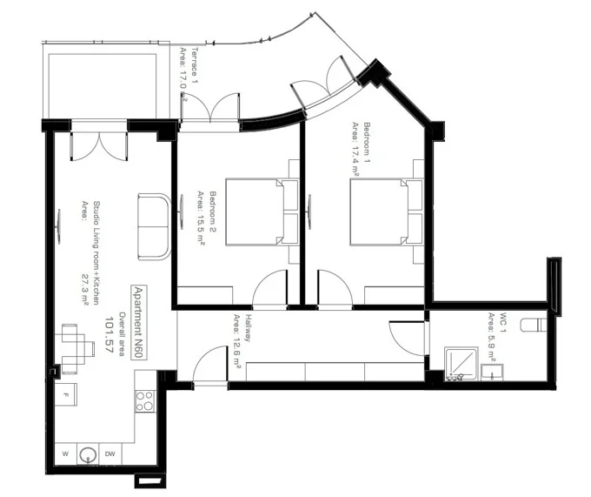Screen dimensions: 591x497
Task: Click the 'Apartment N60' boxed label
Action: pyautogui.click(x=139, y=323)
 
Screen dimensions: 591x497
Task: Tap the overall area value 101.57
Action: pyautogui.click(x=109, y=335)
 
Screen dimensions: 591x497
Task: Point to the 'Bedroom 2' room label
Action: pyautogui.click(x=213, y=212)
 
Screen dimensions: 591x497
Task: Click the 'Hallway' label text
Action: pyautogui.click(x=248, y=327)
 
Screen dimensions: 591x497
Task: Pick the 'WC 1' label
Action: pyautogui.click(x=503, y=322)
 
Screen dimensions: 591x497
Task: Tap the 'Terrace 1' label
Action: pyautogui.click(x=195, y=65)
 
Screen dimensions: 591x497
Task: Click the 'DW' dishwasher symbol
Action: pyautogui.click(x=110, y=453)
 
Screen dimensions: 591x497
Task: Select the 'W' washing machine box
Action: pyautogui.click(x=65, y=453)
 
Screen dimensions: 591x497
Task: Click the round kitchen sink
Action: pyautogui.click(x=88, y=454)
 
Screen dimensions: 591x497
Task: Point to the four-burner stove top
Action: pyautogui.click(x=145, y=400)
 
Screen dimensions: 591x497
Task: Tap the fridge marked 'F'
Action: pyautogui.click(x=66, y=395)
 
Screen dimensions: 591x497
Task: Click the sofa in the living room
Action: pyautogui.click(x=155, y=227)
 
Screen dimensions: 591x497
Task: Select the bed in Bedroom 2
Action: pyautogui.click(x=262, y=212)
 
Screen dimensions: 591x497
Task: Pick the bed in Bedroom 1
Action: pyautogui.click(x=387, y=212)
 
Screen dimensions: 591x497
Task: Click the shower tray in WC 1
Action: pyautogui.click(x=462, y=364)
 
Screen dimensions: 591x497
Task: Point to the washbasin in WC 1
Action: pyautogui.click(x=492, y=373)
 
